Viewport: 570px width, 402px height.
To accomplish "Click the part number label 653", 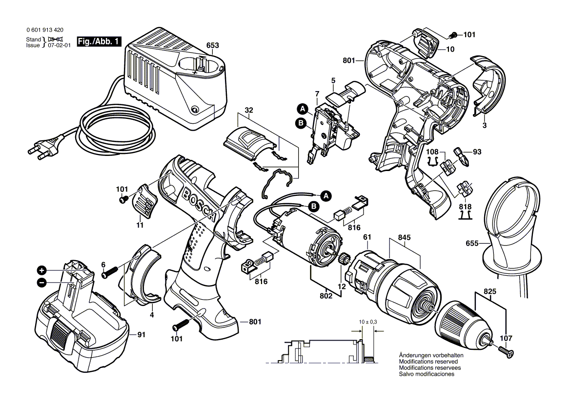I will pos(212,46).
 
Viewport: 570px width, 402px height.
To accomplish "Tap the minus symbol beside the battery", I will pos(42,282).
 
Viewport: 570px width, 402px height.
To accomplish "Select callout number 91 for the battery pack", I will pos(141,334).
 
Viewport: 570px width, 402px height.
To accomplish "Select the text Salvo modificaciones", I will pos(427,374).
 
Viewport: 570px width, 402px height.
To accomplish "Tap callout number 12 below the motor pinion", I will pos(342,287).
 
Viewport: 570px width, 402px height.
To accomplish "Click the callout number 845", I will pos(404,237).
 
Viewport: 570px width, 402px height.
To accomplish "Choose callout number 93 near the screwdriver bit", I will pos(477,152).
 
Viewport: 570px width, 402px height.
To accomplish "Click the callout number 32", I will pos(249,111).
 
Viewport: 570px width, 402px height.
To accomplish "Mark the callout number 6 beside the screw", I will pos(103,264).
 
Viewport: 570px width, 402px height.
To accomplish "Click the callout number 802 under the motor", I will pos(326,295).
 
